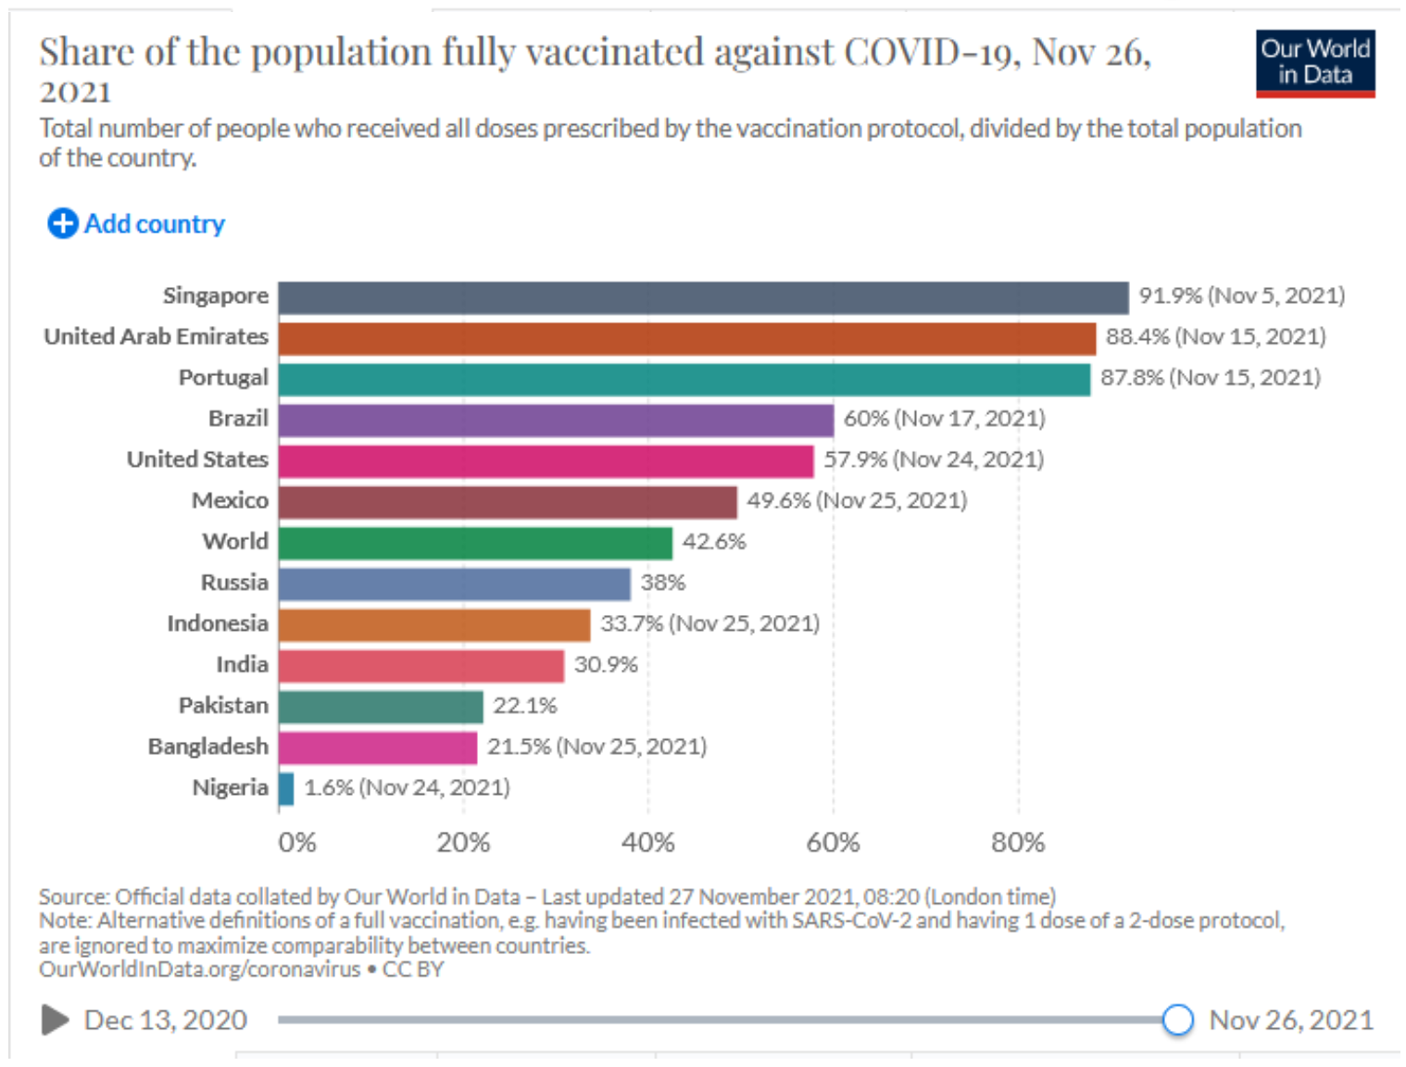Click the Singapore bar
pos(703,297)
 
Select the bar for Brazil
pos(556,420)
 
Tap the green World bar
pos(475,543)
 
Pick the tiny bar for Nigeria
pos(286,788)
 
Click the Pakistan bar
pos(381,707)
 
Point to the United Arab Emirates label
pos(156,336)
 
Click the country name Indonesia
pos(217,623)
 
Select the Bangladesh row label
pos(207,747)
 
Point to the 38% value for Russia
pos(663,583)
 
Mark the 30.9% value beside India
pos(606,665)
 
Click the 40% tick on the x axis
pos(647,843)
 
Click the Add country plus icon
pos(63,223)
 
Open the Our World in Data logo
pos(1314,63)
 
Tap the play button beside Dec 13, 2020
pos(55,1020)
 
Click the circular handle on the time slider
pos(1177,1020)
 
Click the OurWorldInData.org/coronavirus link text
pos(199,970)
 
